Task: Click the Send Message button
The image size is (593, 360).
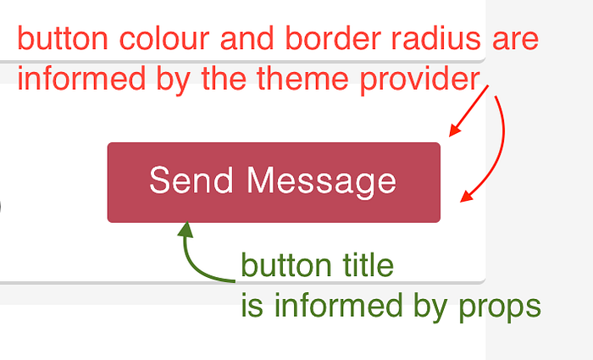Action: (x=274, y=182)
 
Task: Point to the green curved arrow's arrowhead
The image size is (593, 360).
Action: (x=186, y=229)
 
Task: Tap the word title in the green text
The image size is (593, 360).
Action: (x=366, y=266)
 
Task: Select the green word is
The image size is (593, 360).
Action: (x=252, y=306)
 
